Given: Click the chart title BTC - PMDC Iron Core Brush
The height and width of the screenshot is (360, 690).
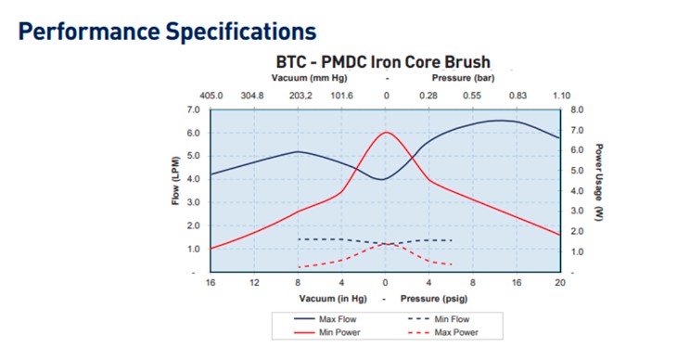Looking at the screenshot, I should [384, 63].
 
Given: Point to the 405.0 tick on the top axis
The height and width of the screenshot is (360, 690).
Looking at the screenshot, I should [211, 95].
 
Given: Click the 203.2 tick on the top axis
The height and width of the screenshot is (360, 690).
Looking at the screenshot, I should [300, 95].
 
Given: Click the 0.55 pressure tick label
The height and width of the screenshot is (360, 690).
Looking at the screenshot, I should [472, 95].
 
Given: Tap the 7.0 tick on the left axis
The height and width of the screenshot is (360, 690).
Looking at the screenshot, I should [194, 109].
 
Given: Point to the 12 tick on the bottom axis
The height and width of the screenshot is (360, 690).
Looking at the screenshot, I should [255, 282].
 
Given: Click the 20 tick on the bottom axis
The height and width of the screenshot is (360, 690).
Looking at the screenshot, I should [559, 282].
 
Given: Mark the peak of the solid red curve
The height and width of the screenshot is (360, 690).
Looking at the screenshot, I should [386, 132].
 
